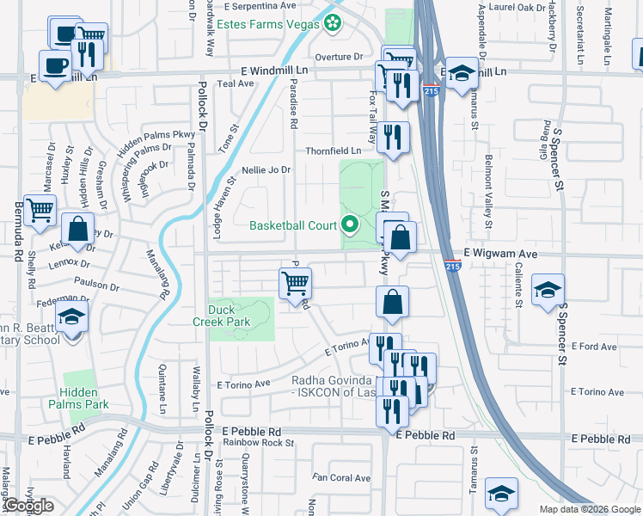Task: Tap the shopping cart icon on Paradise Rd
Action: point(295,283)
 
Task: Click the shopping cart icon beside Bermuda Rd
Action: point(40,210)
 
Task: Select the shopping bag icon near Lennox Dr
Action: point(77,230)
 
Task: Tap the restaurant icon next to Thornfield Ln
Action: point(393,137)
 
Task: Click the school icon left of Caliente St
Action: point(547,290)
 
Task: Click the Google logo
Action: point(28,506)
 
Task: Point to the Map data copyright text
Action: point(589,509)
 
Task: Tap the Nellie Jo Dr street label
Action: point(266,170)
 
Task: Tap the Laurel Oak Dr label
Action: point(510,5)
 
